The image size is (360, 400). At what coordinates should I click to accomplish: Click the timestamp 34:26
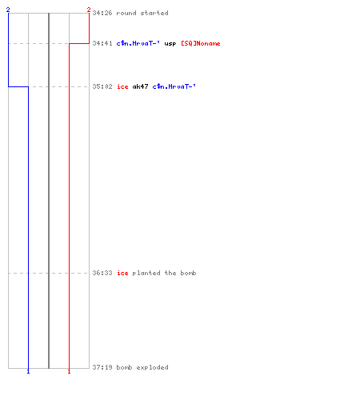pos(102,13)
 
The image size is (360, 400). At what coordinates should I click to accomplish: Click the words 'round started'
pos(142,13)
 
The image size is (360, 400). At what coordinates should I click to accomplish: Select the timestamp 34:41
pos(102,43)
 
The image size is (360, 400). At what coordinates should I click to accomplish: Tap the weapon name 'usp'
pos(170,44)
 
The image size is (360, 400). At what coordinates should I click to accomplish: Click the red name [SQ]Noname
pos(201,43)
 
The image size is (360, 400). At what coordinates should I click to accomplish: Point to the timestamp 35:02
pos(102,86)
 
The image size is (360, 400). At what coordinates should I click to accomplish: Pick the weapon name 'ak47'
pos(140,86)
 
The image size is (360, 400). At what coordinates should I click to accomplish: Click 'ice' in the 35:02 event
pos(122,86)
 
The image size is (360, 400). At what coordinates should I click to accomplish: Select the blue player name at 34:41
pos(138,43)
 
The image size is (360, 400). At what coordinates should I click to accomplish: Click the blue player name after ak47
pos(174,86)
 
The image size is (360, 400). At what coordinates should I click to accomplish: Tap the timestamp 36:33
pos(102,273)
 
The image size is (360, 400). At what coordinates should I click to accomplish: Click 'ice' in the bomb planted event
pos(122,273)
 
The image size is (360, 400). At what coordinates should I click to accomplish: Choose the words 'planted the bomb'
pos(164,273)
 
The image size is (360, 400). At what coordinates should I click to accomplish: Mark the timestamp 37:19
pos(102,367)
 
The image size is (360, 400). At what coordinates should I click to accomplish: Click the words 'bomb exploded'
pos(142,367)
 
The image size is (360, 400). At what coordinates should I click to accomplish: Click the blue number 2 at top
pos(8,10)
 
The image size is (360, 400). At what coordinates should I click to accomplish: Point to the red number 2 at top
pos(89,10)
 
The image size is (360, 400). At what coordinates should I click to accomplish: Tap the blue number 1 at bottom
pos(28,371)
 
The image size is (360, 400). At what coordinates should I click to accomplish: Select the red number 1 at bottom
pos(69,371)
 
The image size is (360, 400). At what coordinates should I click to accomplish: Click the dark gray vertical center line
pos(49,190)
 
